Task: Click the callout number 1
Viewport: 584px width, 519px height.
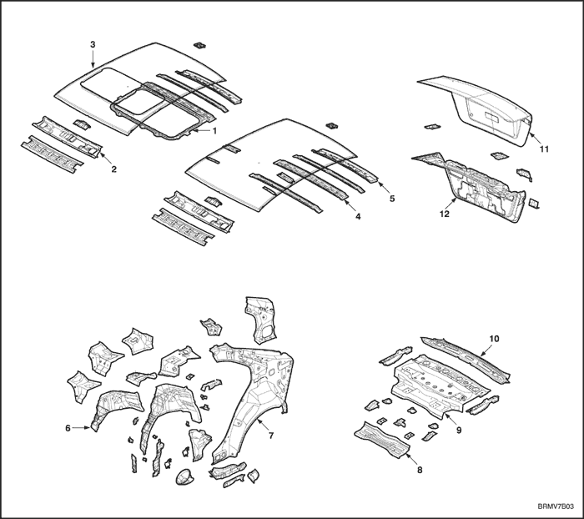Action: [214, 130]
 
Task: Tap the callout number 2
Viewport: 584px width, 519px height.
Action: [114, 169]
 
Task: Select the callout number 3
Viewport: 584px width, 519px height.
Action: [93, 44]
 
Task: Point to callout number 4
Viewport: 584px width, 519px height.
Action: [358, 216]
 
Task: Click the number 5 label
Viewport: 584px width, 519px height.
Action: [392, 199]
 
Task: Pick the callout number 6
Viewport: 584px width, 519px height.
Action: [68, 428]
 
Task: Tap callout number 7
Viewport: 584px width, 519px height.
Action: [271, 436]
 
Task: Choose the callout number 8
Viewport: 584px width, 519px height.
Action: [420, 471]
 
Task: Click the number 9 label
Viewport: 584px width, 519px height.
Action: [459, 430]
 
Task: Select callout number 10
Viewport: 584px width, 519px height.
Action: [494, 339]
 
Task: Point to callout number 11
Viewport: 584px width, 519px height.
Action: [544, 149]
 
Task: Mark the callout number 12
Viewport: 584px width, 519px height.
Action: [445, 214]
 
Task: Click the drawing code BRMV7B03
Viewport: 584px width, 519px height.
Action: [556, 506]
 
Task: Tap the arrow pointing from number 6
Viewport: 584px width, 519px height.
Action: [81, 428]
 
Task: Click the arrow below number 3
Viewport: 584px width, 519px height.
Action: [93, 59]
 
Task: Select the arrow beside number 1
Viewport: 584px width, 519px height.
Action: [202, 130]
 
